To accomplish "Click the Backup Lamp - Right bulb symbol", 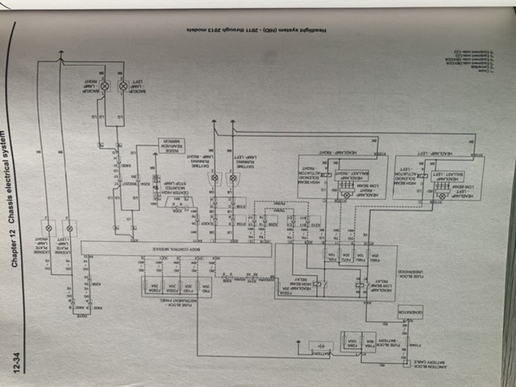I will (104, 84).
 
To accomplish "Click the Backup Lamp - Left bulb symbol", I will (123, 84).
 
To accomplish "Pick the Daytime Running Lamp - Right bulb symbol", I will (214, 177).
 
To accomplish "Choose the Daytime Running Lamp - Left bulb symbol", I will (234, 177).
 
